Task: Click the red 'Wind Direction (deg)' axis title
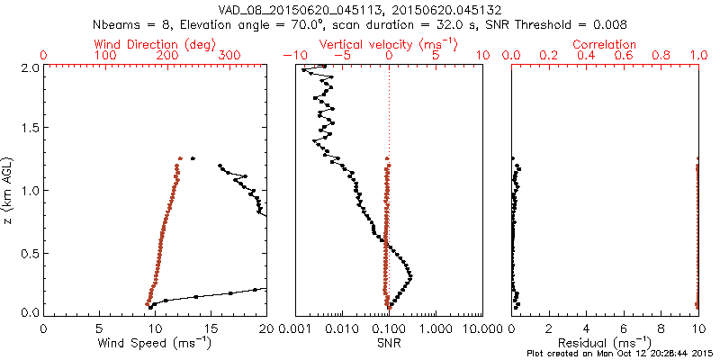tap(157, 44)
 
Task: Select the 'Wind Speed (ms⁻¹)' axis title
tap(156, 344)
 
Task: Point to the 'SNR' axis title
tap(389, 343)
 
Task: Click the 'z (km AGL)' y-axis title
tap(9, 190)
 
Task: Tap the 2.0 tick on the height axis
tap(28, 67)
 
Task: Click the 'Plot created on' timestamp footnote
tap(621, 354)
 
